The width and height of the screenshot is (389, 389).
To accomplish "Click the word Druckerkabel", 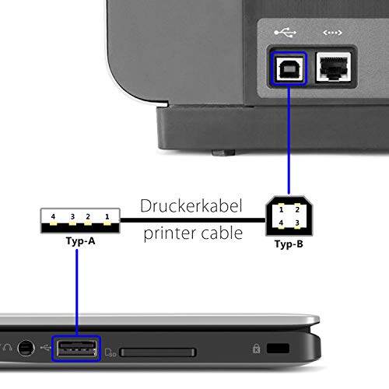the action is click(x=191, y=206).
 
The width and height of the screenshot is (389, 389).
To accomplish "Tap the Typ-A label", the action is click(x=81, y=241).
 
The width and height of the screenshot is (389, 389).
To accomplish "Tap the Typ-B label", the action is click(x=289, y=244).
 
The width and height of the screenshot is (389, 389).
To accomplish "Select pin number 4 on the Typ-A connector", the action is click(x=53, y=216).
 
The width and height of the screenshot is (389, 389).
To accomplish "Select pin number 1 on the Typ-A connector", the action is click(x=107, y=216).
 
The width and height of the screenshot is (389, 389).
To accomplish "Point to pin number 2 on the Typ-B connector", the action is click(x=297, y=209).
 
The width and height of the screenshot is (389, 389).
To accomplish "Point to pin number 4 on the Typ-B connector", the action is click(x=281, y=223).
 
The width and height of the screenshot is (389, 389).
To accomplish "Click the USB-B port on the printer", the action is click(x=289, y=68).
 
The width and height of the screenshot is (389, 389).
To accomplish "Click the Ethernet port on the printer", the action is click(x=333, y=67).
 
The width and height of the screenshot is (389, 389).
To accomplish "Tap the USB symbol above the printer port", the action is click(x=285, y=32).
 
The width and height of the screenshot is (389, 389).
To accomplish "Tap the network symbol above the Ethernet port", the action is click(x=332, y=33).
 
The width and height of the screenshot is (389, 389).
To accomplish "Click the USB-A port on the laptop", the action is click(x=76, y=349).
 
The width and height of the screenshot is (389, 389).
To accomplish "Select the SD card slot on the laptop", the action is click(x=157, y=352).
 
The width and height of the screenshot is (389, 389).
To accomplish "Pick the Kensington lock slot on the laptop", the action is click(x=278, y=349).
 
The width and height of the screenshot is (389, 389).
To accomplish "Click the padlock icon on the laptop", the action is click(x=257, y=349).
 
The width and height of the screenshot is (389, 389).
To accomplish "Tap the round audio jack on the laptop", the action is click(x=26, y=348).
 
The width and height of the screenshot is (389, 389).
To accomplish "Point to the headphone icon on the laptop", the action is click(x=7, y=348).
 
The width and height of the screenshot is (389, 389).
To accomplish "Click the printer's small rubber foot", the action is click(x=223, y=152).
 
